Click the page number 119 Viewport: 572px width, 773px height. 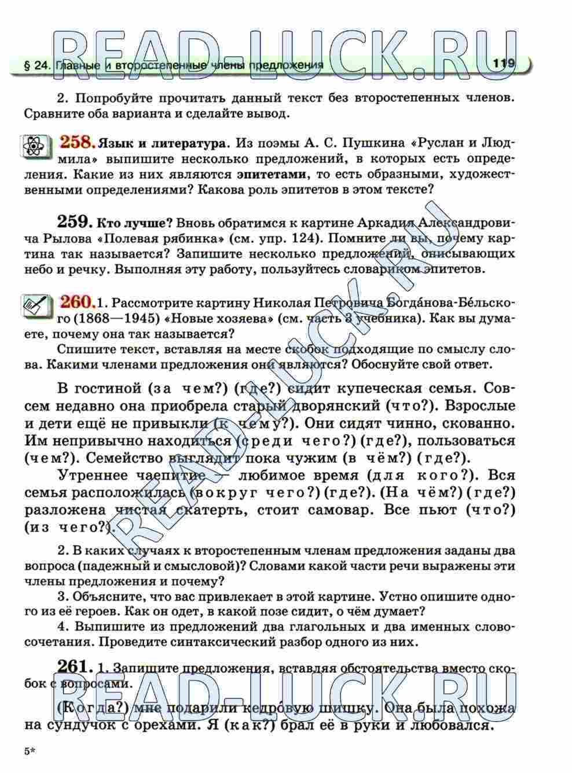pyautogui.click(x=504, y=64)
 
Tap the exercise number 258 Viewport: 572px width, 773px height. pyautogui.click(x=77, y=141)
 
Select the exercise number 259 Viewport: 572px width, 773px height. pyautogui.click(x=75, y=222)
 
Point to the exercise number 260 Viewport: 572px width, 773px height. pyautogui.click(x=77, y=301)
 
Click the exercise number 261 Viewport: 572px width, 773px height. pyautogui.click(x=75, y=667)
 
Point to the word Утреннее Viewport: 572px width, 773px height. pyautogui.click(x=96, y=475)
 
